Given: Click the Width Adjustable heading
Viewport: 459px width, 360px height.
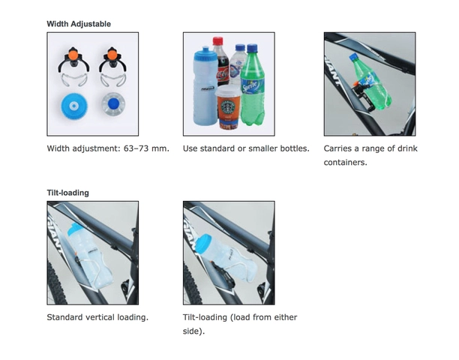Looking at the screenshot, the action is point(79,24).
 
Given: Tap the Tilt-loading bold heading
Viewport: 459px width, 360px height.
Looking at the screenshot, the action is point(68,193).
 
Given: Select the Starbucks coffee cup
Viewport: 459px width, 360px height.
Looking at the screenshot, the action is point(229,107).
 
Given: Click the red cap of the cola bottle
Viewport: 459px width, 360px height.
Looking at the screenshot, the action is point(217,40).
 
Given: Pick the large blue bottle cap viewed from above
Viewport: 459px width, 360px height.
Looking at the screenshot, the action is point(74,106).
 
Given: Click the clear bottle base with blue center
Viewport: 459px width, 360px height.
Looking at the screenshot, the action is point(113,103).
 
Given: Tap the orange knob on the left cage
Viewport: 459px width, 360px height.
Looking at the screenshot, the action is point(73,55).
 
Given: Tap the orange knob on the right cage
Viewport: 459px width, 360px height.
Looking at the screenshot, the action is point(112,55).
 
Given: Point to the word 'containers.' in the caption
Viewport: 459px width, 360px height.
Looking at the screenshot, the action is point(346,162).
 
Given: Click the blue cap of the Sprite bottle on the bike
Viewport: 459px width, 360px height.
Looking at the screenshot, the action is point(353,56).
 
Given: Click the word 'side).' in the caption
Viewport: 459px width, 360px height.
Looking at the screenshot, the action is point(193,331).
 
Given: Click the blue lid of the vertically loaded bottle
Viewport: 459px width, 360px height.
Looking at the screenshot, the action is point(75,229).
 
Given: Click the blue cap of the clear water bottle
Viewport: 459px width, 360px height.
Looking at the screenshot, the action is point(240,48).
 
